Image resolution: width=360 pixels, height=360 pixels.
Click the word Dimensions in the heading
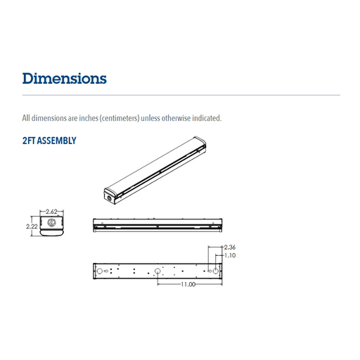65,78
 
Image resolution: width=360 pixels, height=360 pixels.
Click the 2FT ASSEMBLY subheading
49,141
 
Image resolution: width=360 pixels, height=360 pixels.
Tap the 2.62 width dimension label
51,212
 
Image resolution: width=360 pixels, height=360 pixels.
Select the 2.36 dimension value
230,248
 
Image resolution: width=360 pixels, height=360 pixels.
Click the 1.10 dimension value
230,256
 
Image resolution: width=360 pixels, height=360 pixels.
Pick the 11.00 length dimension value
186,285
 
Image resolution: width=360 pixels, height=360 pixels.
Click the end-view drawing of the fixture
51,227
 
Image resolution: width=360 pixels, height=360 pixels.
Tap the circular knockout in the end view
51,226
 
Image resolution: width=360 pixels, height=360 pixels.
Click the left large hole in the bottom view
100,271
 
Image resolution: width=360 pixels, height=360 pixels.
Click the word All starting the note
27,117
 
